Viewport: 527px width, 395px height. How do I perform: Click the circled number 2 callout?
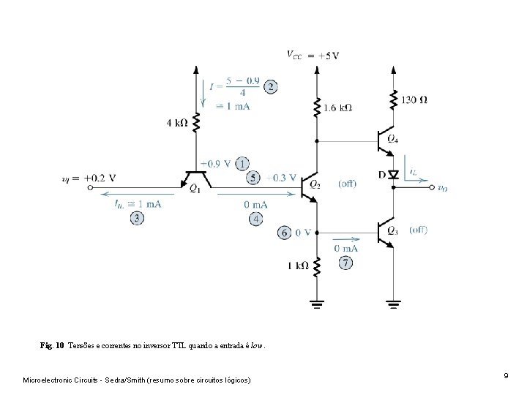pyautogui.click(x=270, y=86)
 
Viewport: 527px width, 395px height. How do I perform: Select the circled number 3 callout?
pyautogui.click(x=138, y=218)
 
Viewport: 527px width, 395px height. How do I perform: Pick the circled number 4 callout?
pyautogui.click(x=256, y=219)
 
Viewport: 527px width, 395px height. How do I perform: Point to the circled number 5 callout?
pyautogui.click(x=253, y=177)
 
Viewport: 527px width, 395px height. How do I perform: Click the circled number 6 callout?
pyautogui.click(x=283, y=233)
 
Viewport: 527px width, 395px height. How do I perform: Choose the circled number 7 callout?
pyautogui.click(x=345, y=262)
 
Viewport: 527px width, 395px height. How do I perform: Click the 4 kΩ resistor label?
pyautogui.click(x=177, y=124)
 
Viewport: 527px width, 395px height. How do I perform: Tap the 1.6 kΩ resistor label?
pyautogui.click(x=337, y=107)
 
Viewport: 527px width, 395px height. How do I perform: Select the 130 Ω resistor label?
pyautogui.click(x=414, y=99)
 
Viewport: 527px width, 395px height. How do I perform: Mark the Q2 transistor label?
pyautogui.click(x=315, y=185)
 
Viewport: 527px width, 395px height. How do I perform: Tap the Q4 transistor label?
pyautogui.click(x=393, y=139)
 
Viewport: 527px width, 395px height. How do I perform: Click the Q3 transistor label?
pyautogui.click(x=393, y=232)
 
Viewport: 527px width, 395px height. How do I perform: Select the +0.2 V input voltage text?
pyautogui.click(x=100, y=177)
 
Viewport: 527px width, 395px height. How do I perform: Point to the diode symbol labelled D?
pyautogui.click(x=394, y=174)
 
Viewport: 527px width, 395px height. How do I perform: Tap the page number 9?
pyautogui.click(x=506, y=375)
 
